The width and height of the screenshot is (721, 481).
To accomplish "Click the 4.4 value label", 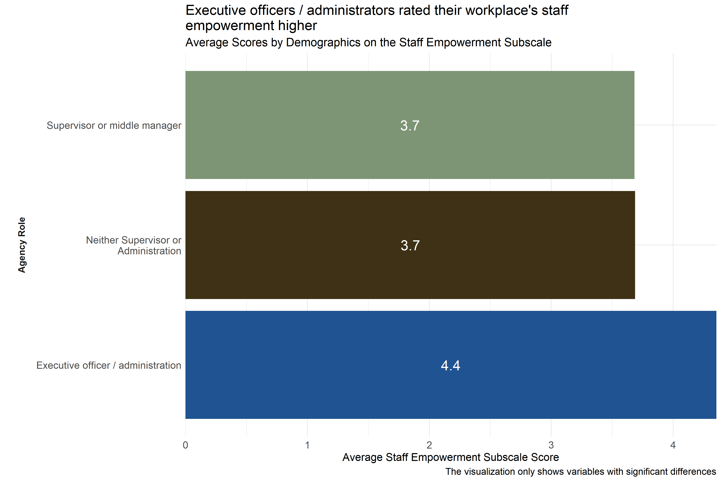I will pyautogui.click(x=450, y=365).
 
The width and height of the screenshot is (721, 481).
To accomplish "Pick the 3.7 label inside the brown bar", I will pyautogui.click(x=410, y=245).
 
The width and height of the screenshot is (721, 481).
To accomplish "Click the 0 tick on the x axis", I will pyautogui.click(x=185, y=445).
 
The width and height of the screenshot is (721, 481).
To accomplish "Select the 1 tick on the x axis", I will pyautogui.click(x=307, y=445).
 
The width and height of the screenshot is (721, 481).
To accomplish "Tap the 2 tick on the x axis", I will pyautogui.click(x=429, y=445).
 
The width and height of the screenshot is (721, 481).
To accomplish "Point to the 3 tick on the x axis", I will pyautogui.click(x=551, y=445).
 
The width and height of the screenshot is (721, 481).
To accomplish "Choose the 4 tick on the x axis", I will pyautogui.click(x=673, y=445).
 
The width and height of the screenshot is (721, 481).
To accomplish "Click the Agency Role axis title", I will pyautogui.click(x=22, y=245).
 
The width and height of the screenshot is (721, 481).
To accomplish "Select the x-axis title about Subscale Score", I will pyautogui.click(x=450, y=457).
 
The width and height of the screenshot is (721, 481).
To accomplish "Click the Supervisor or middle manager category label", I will pyautogui.click(x=114, y=125).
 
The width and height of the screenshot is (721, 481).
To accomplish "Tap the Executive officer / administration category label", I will pyautogui.click(x=109, y=365).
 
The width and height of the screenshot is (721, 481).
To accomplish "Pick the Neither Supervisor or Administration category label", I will pyautogui.click(x=134, y=245).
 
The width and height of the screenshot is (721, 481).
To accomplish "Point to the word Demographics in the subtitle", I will pyautogui.click(x=323, y=42).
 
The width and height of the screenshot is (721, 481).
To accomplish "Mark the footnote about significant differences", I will pyautogui.click(x=580, y=472).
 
